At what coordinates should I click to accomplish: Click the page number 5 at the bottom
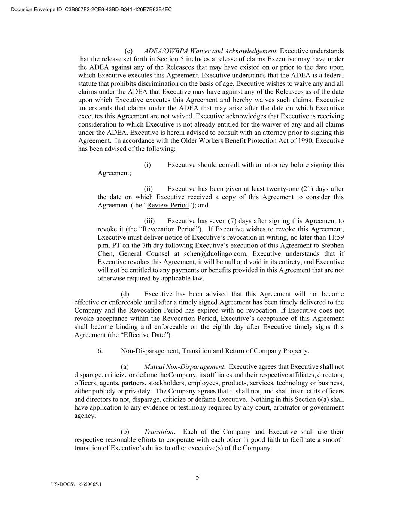pos(197,477)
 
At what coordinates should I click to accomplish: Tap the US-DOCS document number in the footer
pos(76,484)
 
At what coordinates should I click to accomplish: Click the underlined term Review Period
pos(168,205)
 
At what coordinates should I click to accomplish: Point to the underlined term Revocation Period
pos(169,229)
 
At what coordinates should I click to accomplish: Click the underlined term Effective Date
pos(144,335)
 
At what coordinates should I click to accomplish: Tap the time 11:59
pos(335,237)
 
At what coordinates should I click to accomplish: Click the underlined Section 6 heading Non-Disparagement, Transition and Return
pos(214,351)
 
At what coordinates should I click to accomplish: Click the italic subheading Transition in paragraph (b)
pos(159,432)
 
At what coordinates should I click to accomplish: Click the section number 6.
pos(100,351)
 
